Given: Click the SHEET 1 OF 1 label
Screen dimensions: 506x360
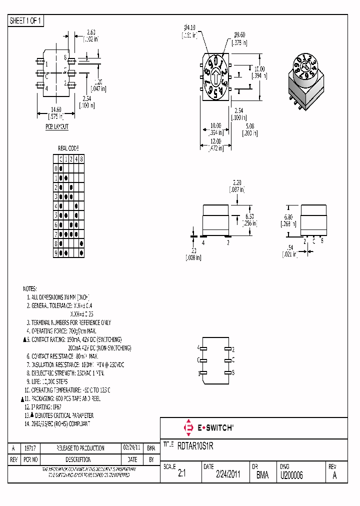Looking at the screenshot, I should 26,21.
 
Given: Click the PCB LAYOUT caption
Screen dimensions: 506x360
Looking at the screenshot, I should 57,127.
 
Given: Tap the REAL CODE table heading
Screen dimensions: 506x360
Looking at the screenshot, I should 68,148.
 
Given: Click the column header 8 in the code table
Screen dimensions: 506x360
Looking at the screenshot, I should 81,159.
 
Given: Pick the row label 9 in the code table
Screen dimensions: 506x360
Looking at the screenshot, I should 56,253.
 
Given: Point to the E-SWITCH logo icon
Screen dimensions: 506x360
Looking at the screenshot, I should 189,428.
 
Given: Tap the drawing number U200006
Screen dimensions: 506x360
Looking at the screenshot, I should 291,475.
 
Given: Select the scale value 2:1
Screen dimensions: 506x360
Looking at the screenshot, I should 181,475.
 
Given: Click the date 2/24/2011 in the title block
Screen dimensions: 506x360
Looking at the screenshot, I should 228,475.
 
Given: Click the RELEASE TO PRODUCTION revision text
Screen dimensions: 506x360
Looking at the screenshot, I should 80,448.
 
